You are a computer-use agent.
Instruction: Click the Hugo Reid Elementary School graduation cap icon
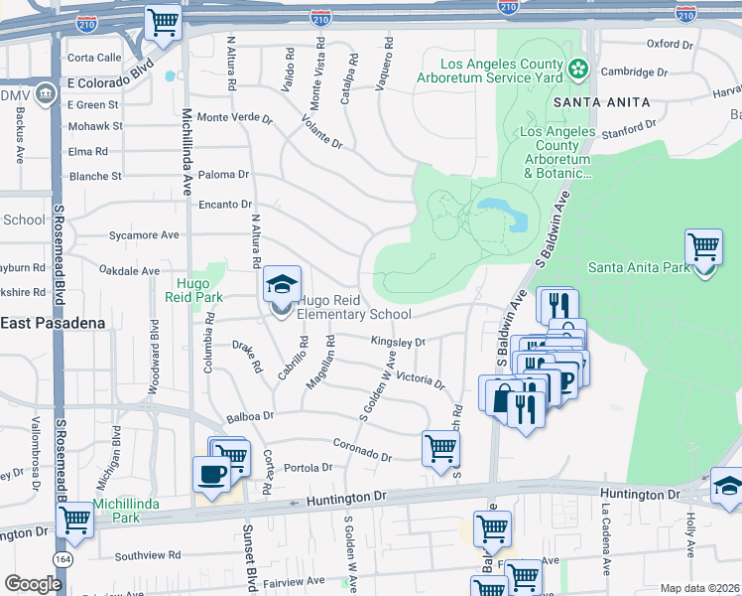(x=282, y=286)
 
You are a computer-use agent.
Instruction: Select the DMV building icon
(x=45, y=95)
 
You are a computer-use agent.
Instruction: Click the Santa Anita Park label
(x=638, y=267)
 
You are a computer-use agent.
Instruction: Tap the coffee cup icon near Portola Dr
(x=211, y=474)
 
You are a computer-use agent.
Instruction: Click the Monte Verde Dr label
(x=235, y=118)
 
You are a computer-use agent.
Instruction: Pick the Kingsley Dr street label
(x=398, y=341)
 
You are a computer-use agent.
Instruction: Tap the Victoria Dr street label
(x=421, y=379)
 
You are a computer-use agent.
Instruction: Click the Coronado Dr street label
(x=362, y=449)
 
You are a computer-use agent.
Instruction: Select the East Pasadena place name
(x=46, y=324)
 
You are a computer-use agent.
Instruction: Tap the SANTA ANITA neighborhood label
(x=601, y=102)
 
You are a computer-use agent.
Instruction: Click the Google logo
(x=33, y=585)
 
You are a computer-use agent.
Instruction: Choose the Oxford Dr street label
(x=670, y=45)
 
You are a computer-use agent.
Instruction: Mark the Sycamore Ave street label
(x=144, y=235)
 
